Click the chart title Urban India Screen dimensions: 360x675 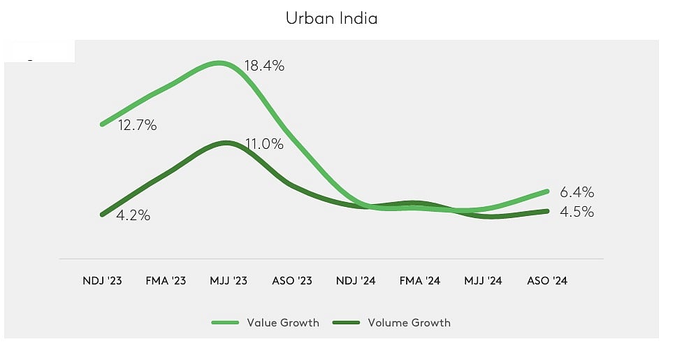pos(331,18)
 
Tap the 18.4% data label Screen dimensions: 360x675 pos(264,66)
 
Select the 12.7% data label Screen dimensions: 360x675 pos(137,126)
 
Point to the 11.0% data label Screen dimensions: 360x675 pos(264,145)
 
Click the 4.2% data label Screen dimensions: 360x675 pos(133,215)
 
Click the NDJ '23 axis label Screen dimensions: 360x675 pos(103,281)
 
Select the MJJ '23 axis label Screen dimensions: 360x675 pos(229,281)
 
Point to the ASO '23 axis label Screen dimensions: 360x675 pos(291,281)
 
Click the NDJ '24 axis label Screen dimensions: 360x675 pos(356,281)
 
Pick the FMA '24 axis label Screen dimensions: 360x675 pos(419,281)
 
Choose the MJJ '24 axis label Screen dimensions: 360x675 pos(483,281)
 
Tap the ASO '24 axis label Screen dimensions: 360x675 pos(546,281)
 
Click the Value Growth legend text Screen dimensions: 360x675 pos(282,322)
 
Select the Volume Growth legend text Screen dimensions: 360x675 pos(409,322)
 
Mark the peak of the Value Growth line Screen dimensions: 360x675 pos(219,63)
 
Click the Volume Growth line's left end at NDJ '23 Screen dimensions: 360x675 pos(103,214)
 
